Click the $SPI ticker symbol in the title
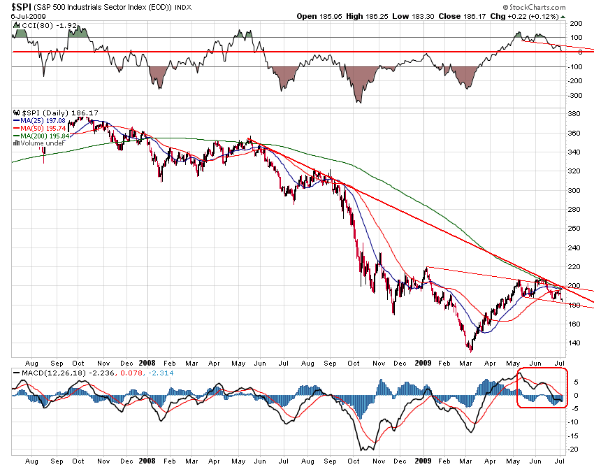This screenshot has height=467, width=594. click(18, 7)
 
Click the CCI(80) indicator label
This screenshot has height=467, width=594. click(35, 25)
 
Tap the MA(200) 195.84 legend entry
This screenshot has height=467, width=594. click(43, 136)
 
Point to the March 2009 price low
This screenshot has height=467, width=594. click(470, 350)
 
